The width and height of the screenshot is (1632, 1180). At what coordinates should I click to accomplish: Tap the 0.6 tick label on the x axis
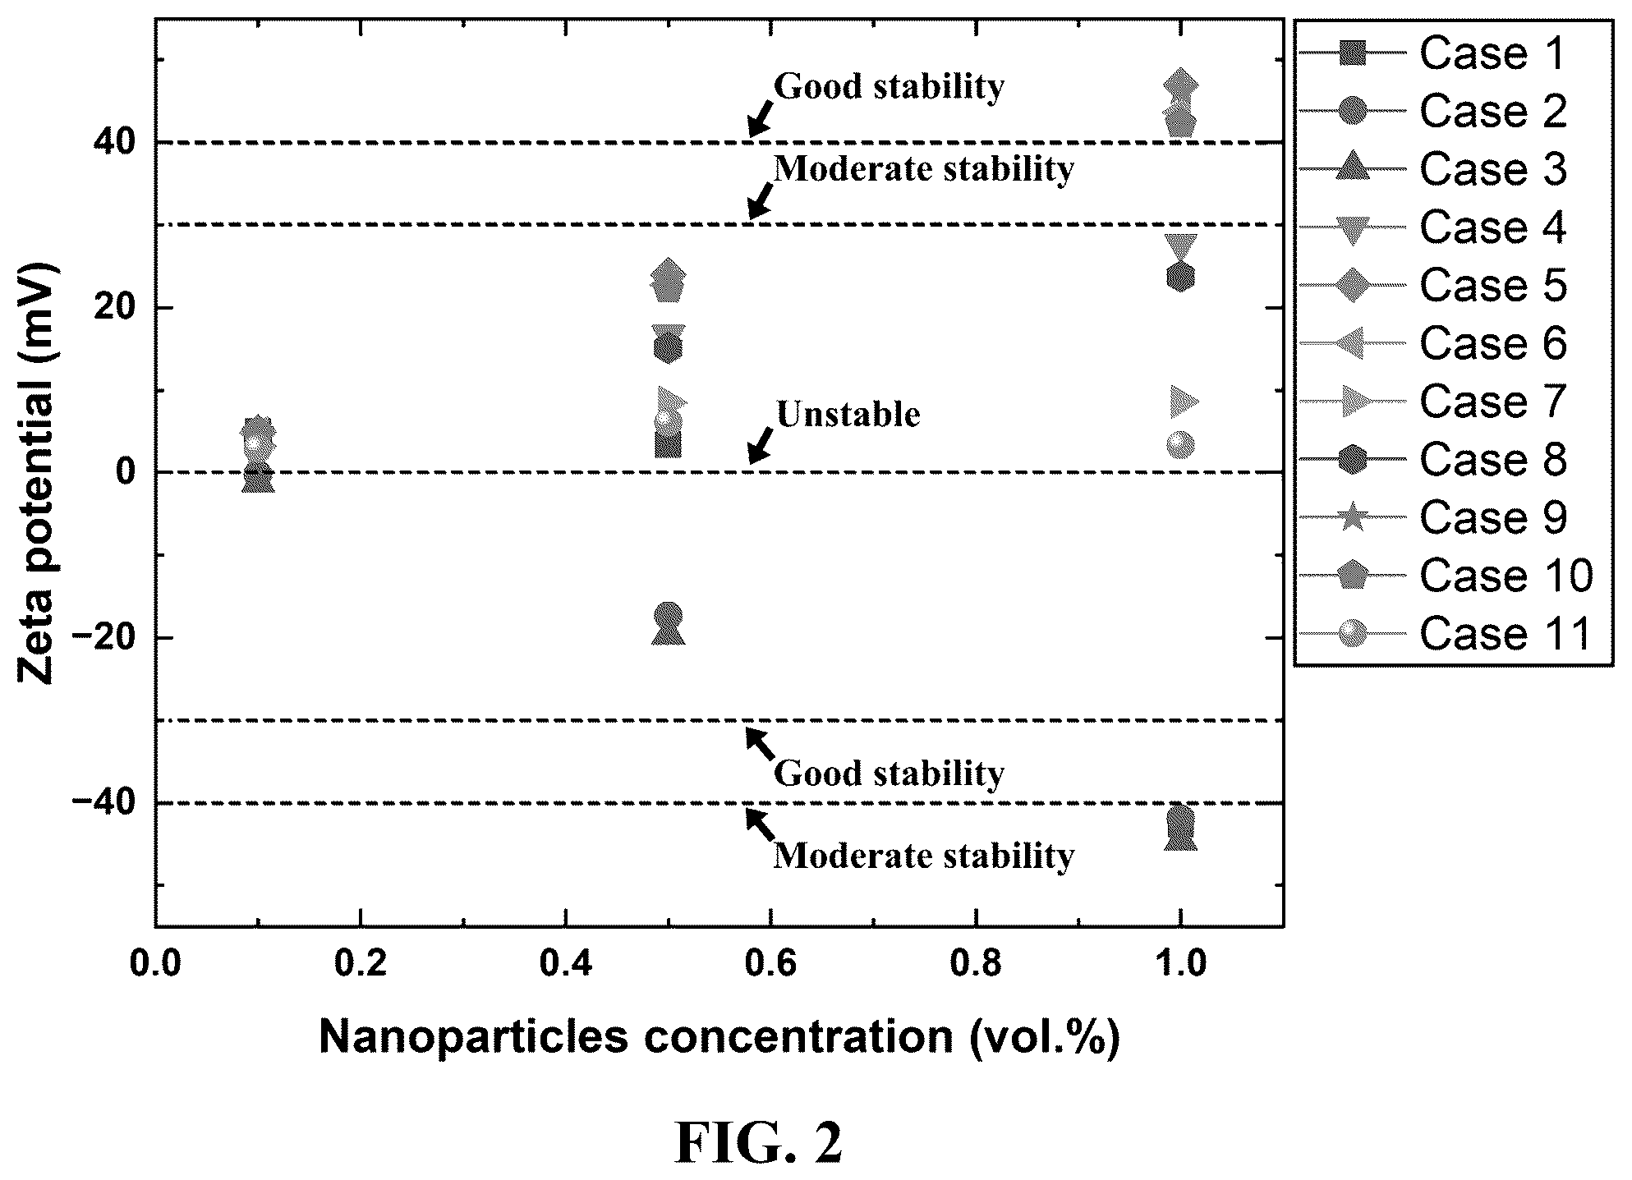click(770, 962)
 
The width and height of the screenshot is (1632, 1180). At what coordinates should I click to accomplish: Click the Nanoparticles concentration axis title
click(719, 1037)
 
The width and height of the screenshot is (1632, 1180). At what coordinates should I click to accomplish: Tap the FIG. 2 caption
click(759, 1144)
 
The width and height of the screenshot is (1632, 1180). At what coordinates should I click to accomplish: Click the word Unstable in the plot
click(848, 415)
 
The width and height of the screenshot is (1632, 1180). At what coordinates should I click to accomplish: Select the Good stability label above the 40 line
click(890, 86)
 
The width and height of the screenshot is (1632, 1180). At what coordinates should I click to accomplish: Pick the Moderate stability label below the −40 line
click(924, 856)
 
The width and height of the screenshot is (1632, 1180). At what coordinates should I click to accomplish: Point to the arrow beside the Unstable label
click(760, 444)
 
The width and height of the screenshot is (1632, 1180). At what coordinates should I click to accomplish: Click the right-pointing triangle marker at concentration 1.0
click(1184, 402)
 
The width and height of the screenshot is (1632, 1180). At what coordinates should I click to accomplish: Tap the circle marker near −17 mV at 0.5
click(668, 615)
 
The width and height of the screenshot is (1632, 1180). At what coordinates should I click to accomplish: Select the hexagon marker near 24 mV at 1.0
click(1180, 278)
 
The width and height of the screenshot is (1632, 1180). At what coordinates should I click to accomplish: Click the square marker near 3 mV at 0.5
click(668, 444)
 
